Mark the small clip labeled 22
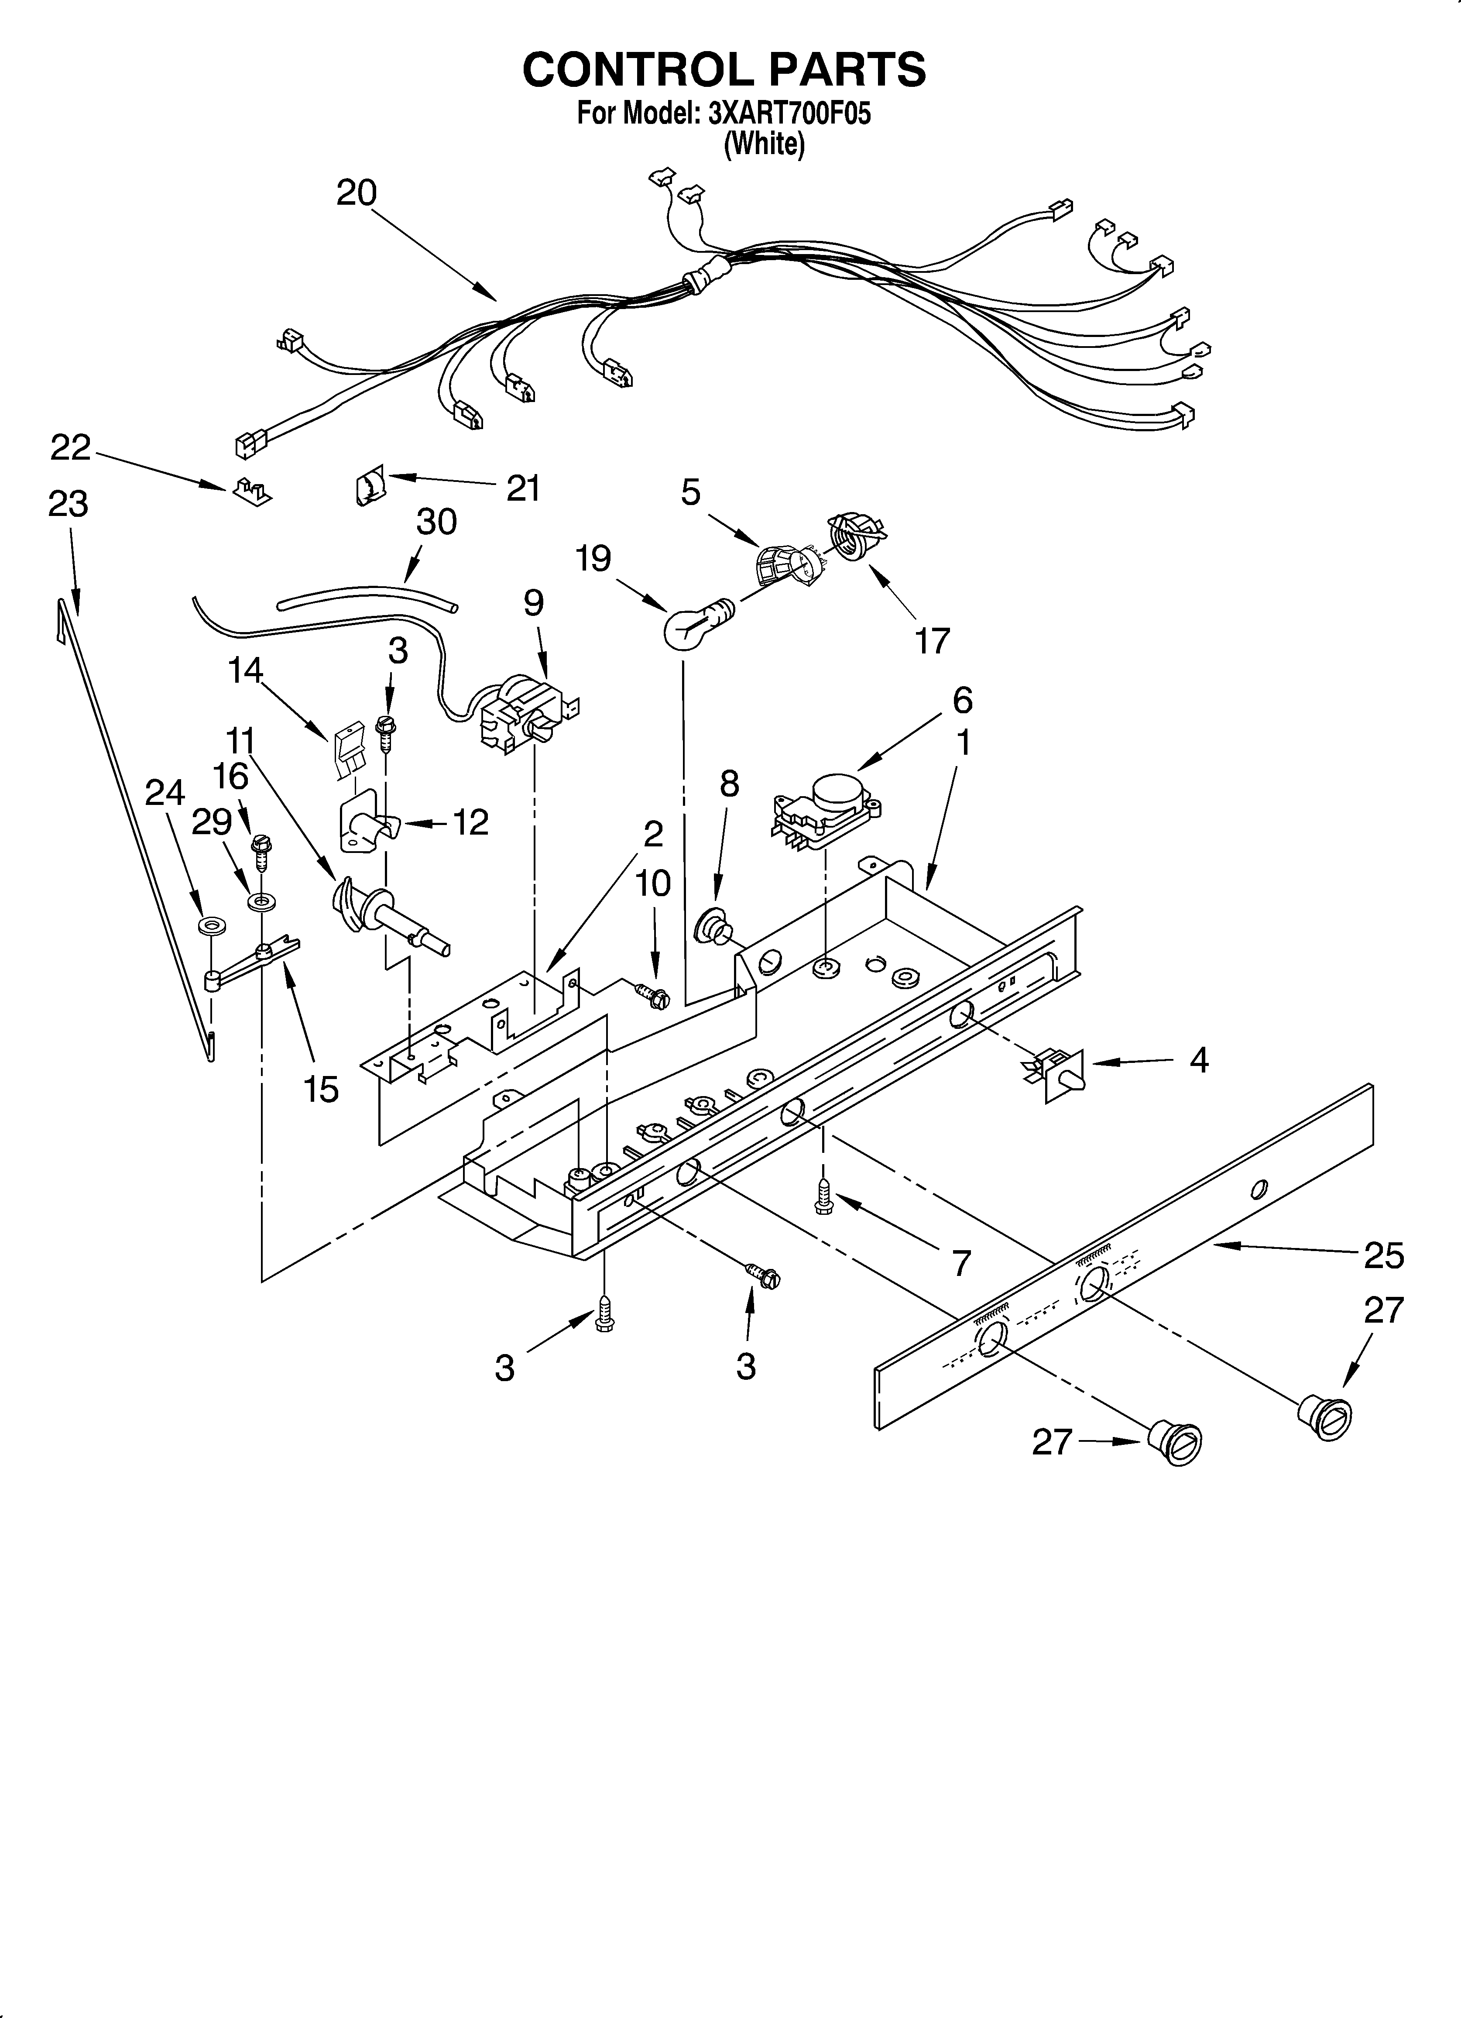click(x=253, y=491)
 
